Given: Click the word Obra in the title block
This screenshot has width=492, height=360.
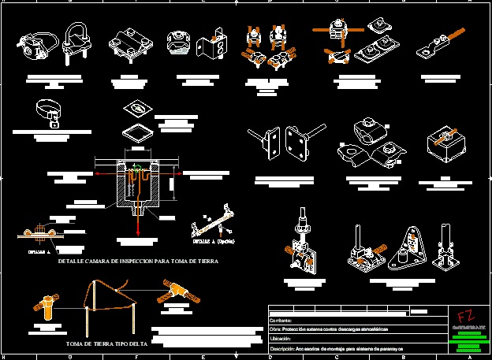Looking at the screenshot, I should (x=276, y=329).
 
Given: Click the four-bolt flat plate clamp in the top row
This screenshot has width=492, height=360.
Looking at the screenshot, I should (x=128, y=44).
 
